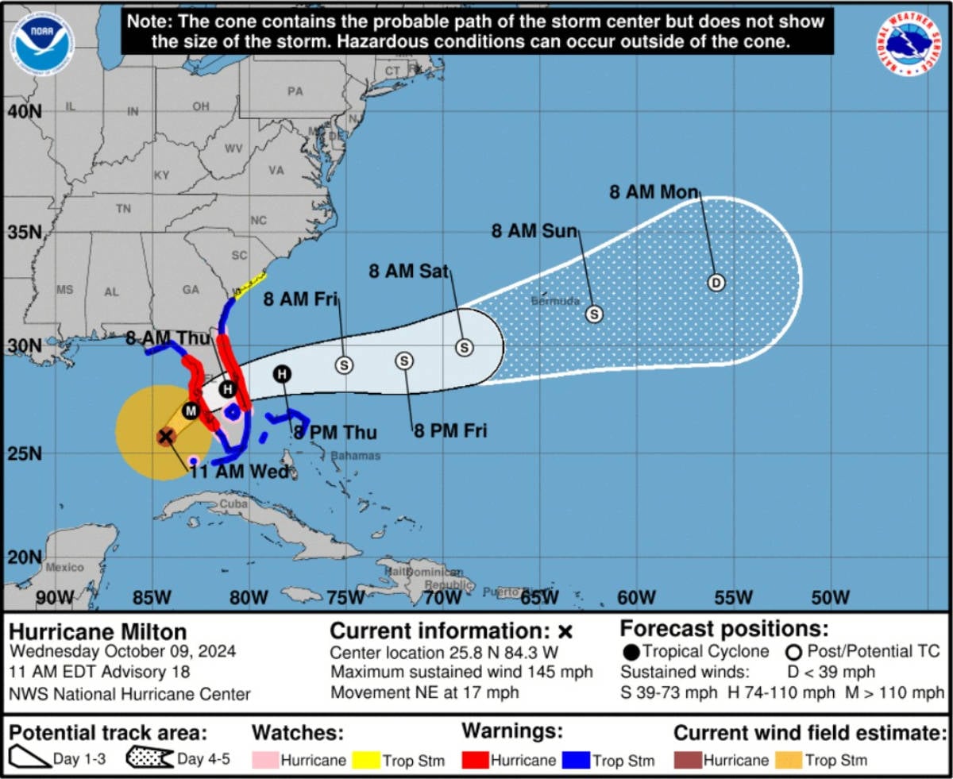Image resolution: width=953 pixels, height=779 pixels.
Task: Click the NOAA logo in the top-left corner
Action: coord(41,43)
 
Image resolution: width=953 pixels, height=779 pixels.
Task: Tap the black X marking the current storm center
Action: coord(165,436)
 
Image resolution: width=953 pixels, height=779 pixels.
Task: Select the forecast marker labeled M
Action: coord(190,411)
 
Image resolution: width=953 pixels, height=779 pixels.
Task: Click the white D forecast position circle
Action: coord(716,283)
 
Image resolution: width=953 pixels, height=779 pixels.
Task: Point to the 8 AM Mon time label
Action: coord(654,192)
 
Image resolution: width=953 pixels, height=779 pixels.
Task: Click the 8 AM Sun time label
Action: coord(534,231)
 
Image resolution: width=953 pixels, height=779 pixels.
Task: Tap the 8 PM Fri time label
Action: coord(450,431)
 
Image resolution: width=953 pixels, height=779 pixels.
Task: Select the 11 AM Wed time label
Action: coord(238,473)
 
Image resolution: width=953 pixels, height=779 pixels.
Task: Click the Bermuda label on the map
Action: coord(550,302)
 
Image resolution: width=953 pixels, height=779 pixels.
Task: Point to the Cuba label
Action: coord(233,504)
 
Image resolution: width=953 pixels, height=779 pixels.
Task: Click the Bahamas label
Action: coord(355,456)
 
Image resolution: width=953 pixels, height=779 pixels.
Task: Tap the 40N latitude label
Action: coord(24,112)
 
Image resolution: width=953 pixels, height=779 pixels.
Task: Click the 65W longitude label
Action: coord(539,597)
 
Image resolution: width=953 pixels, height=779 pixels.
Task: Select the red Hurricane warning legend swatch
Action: coord(474,760)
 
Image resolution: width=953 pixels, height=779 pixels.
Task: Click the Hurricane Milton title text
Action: coord(98,632)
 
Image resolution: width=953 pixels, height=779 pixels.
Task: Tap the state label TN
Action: coord(123,209)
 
